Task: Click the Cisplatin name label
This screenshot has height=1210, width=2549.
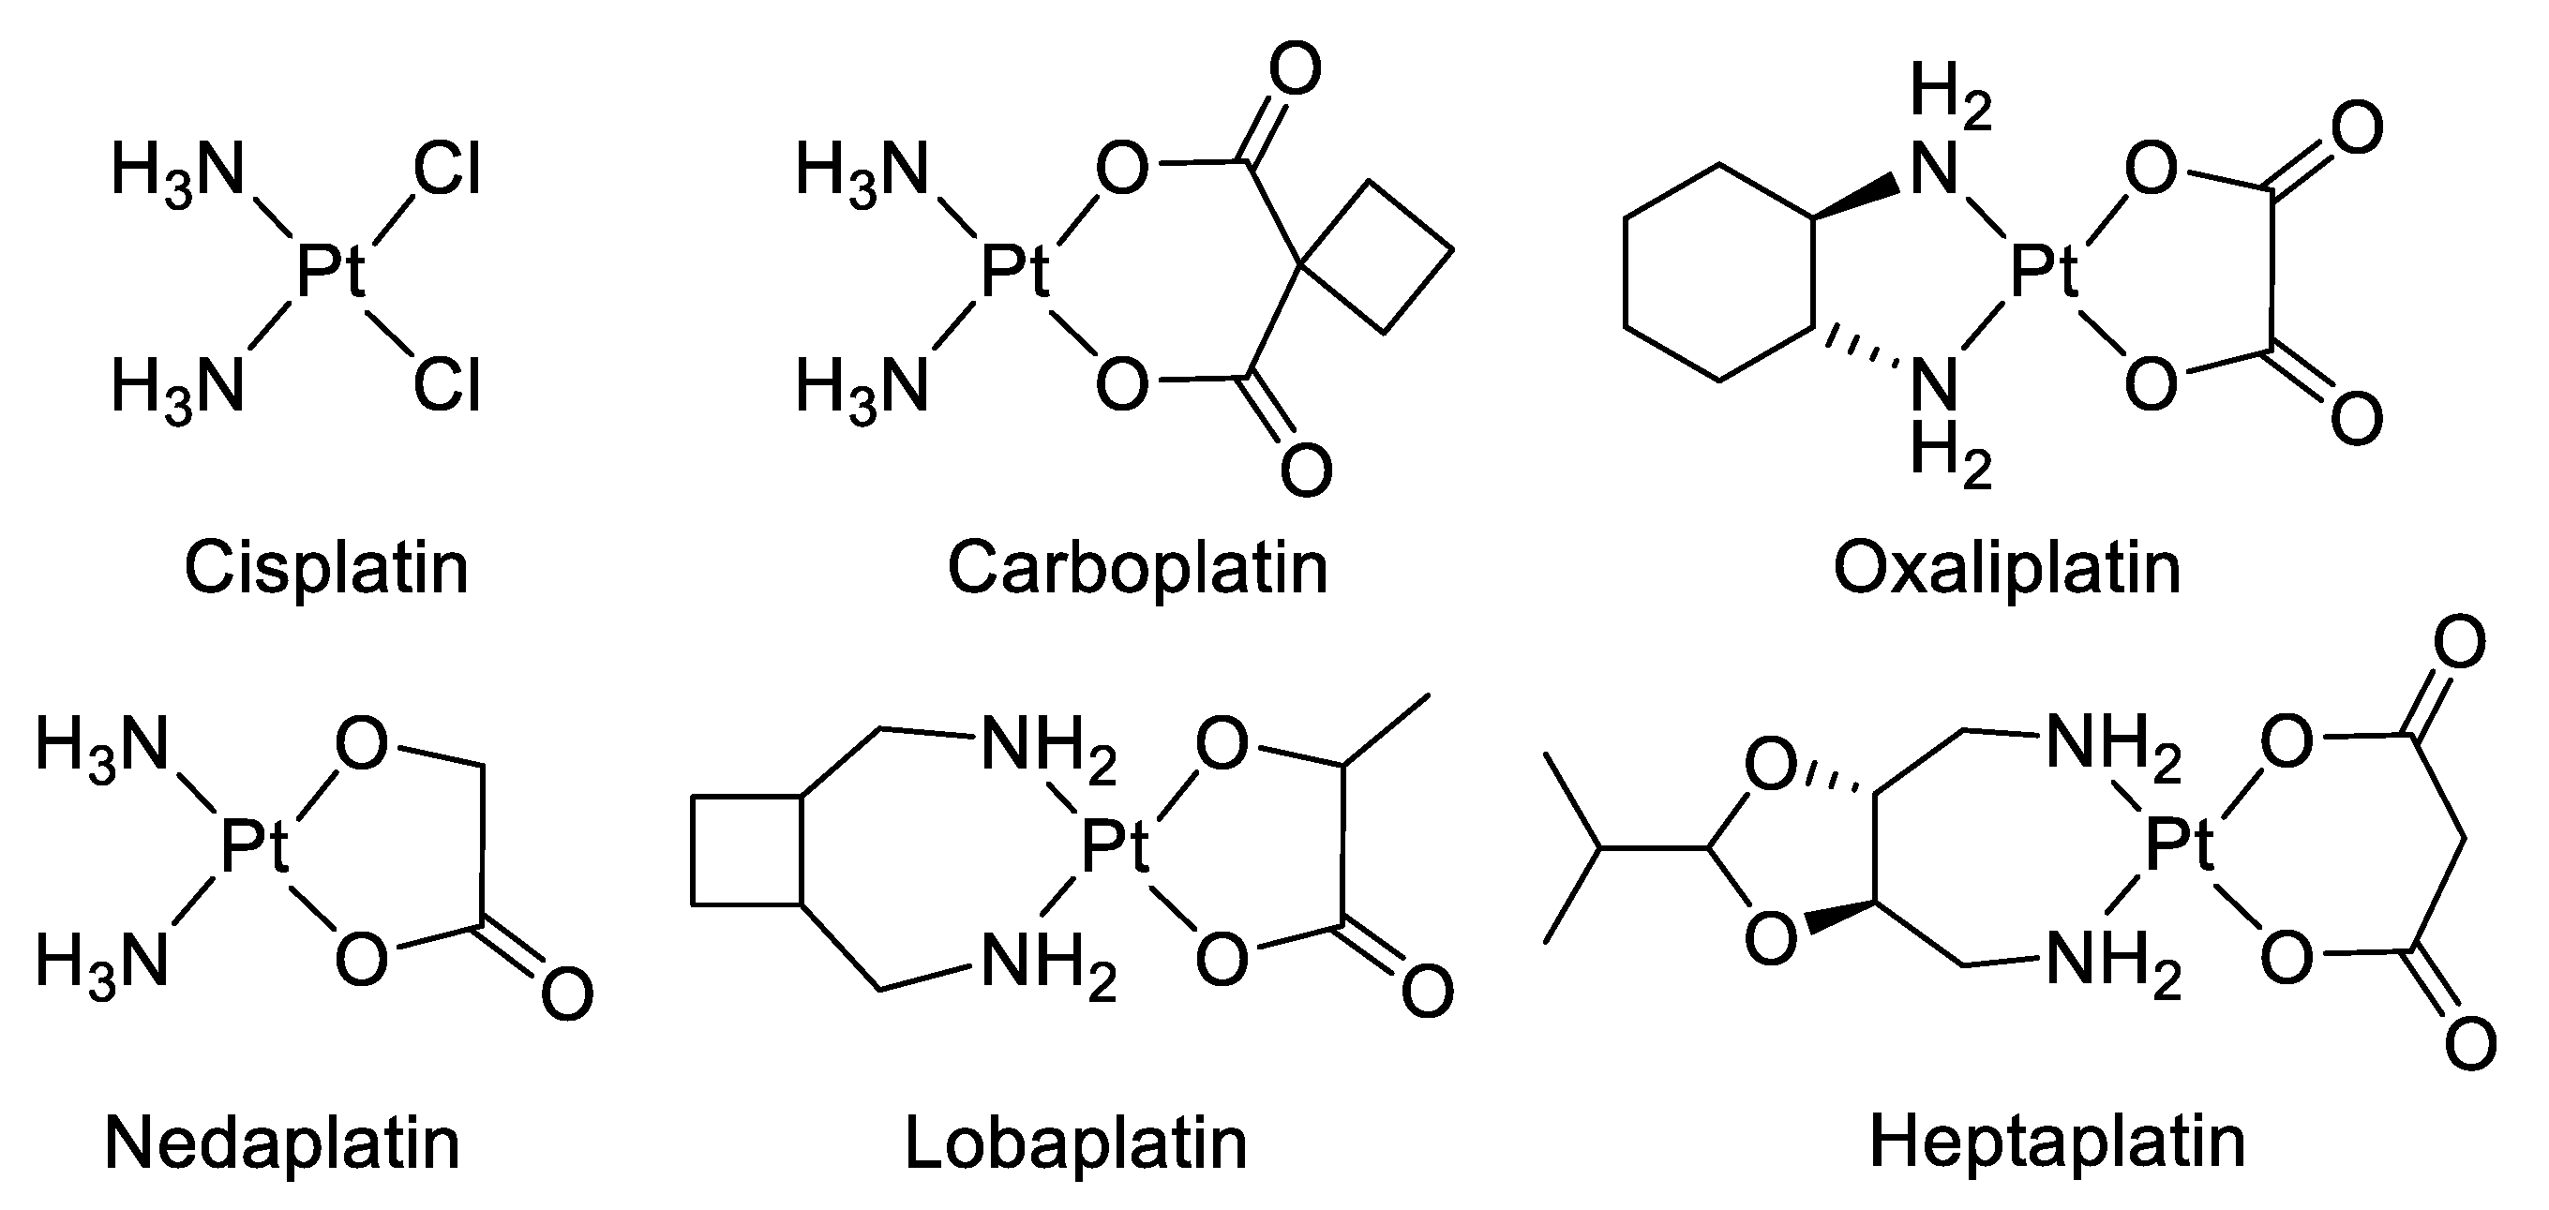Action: point(325,568)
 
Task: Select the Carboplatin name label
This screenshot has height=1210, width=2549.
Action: point(1137,568)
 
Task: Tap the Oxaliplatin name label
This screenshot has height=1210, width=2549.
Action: point(2007,568)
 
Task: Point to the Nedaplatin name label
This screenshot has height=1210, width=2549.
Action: point(282,1143)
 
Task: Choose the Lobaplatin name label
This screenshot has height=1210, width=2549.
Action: point(1075,1143)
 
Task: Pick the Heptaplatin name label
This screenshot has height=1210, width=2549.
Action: point(2057,1142)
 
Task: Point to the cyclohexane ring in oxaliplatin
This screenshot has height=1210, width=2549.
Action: point(1719,272)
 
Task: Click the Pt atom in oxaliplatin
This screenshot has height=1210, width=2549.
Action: point(2046,272)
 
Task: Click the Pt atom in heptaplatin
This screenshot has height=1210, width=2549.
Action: point(2180,847)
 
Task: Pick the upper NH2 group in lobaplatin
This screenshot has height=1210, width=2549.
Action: point(1047,744)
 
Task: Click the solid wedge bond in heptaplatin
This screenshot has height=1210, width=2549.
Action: point(1839,916)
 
